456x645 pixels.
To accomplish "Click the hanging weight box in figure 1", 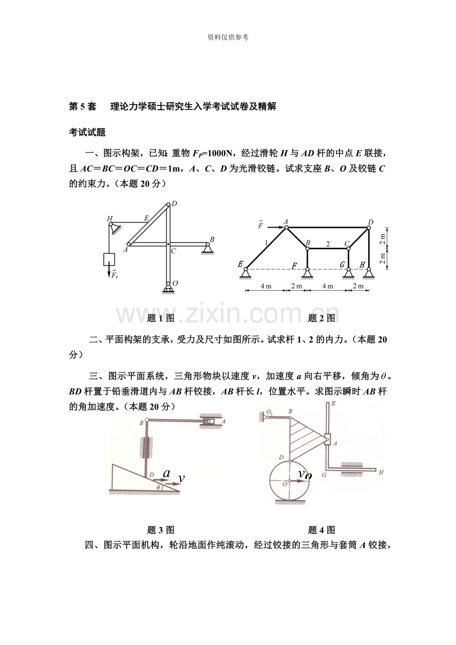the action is coord(109,259).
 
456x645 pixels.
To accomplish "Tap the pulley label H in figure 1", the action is coord(110,218).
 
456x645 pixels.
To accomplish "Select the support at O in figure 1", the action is coord(168,288).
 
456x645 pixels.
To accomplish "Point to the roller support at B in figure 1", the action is coord(207,248).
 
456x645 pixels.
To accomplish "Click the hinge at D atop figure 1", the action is coord(168,205).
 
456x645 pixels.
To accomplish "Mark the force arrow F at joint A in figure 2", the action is coord(276,227).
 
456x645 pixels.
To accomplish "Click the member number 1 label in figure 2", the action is coord(266,243).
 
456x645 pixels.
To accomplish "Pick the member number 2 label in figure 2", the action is coord(328,244).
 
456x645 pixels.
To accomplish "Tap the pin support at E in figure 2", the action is coord(245,273).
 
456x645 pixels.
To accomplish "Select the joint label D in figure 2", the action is coord(371,222).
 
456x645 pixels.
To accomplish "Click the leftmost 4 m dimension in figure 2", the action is coord(266,286).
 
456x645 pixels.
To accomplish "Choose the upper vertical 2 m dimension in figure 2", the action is coord(382,239).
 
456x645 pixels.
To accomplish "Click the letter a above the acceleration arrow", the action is coord(167,473).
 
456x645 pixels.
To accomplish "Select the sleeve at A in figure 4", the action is coord(327,439).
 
